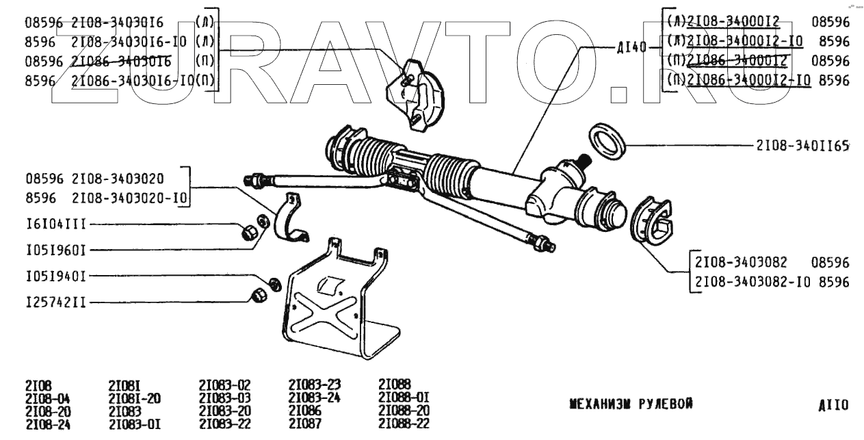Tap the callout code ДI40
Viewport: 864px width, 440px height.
(631, 49)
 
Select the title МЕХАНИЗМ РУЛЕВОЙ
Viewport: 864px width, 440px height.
(631, 404)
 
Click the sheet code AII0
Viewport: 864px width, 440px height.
(833, 405)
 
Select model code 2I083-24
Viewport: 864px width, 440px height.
(315, 398)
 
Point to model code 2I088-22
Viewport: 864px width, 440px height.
(404, 424)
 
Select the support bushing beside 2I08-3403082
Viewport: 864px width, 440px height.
(651, 220)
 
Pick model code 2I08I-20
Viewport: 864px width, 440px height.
(135, 398)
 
